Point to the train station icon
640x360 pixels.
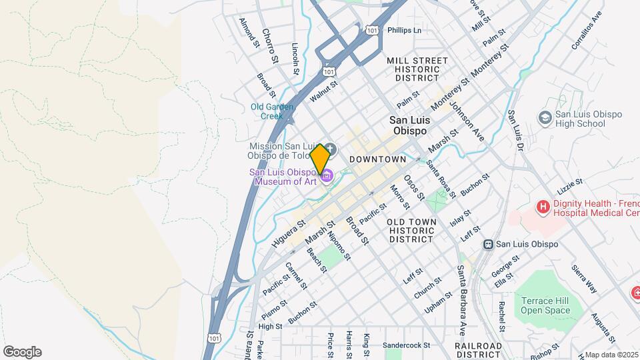tap(488, 244)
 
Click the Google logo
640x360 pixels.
tap(22, 352)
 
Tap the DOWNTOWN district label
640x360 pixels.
tap(377, 159)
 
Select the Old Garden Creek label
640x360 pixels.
tap(267, 111)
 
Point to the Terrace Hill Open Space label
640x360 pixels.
tap(546, 305)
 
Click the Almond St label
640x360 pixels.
tap(249, 32)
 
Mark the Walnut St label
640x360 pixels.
tap(324, 91)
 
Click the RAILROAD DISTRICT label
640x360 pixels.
tap(478, 351)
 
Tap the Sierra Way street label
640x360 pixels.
tap(584, 279)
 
